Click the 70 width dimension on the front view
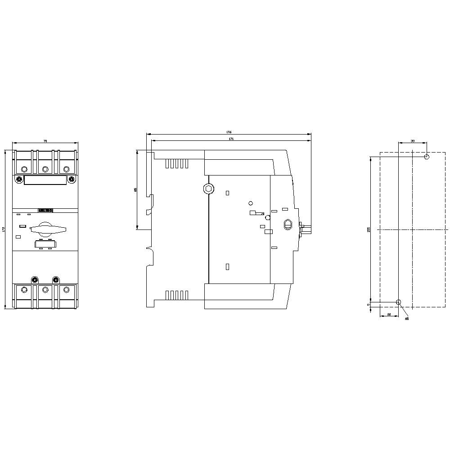(45, 141)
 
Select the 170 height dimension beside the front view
(4, 229)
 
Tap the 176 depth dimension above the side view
(229, 132)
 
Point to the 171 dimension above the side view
(231, 139)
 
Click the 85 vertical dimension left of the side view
(135, 190)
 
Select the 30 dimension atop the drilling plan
(413, 141)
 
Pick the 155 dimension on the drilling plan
(369, 229)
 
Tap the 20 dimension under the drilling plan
(389, 314)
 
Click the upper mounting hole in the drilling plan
(427, 157)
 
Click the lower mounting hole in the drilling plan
(398, 301)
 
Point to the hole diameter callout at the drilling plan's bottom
(407, 319)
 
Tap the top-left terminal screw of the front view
(24, 169)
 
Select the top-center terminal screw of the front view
(45, 169)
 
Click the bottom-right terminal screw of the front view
(67, 289)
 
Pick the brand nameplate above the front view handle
(45, 210)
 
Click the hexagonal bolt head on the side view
(208, 189)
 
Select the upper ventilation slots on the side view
(176, 164)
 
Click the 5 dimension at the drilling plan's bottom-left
(369, 305)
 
